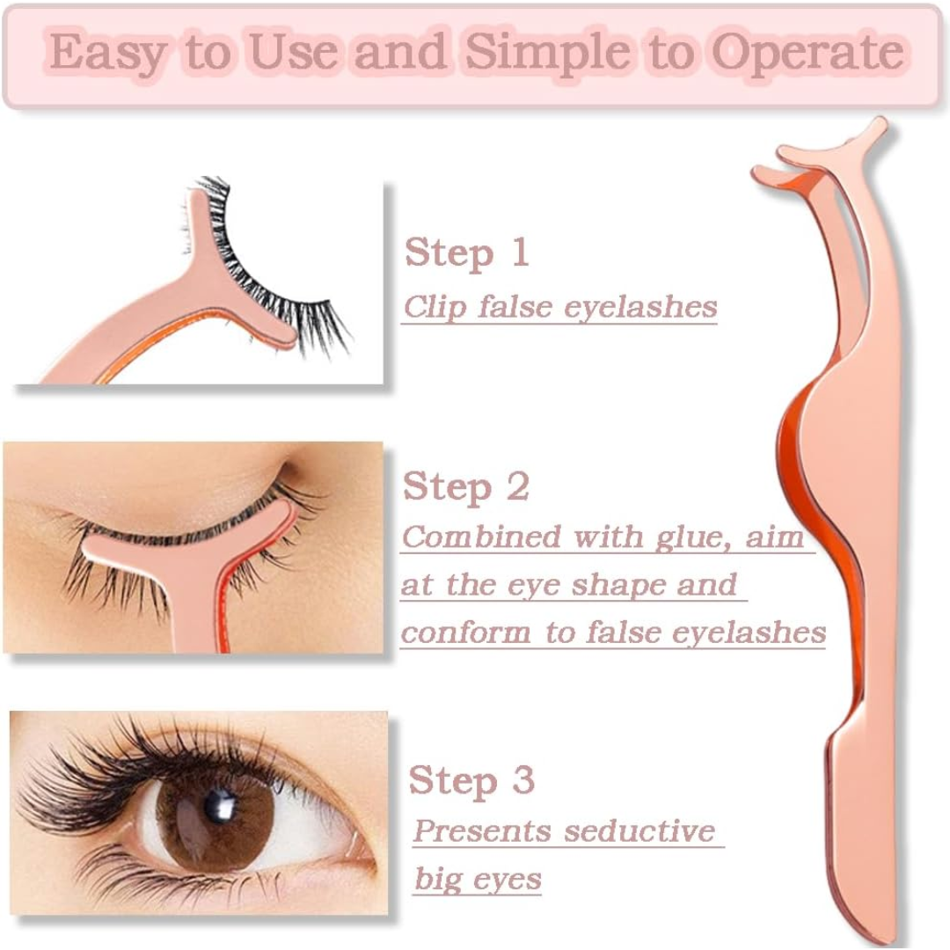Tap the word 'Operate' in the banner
tap(807, 53)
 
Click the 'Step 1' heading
tap(466, 253)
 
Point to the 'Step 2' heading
tap(465, 486)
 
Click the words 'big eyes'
tap(478, 879)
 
